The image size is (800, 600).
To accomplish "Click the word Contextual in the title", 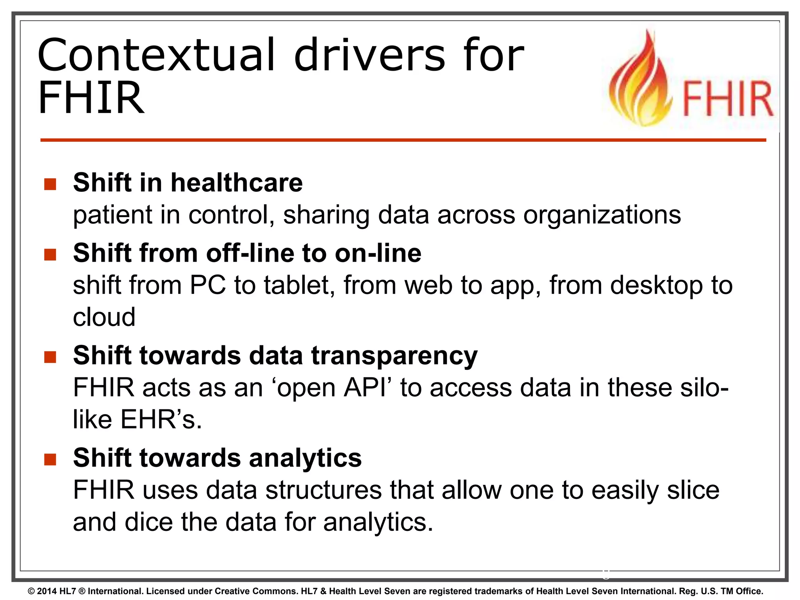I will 156,55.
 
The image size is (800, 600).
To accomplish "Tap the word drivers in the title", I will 369,55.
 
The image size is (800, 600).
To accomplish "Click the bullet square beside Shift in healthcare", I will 50,184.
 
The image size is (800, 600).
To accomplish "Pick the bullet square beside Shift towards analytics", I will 50,459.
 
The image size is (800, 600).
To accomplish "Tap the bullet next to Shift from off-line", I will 50,255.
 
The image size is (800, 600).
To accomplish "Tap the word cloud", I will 104,317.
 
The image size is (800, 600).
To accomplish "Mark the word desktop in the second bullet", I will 656,286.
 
